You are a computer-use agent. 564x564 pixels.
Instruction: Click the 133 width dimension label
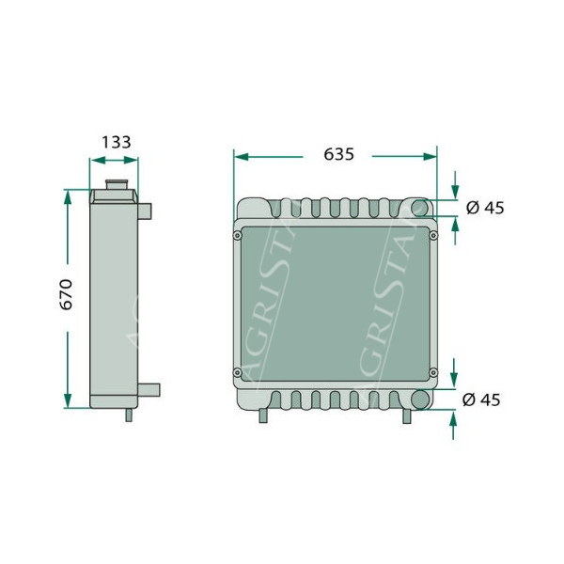(116, 143)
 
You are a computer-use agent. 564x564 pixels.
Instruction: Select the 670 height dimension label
(66, 294)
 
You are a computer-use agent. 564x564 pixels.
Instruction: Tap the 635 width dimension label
(338, 154)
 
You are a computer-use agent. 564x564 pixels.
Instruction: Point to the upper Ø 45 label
(485, 208)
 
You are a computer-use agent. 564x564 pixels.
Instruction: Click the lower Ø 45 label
(481, 400)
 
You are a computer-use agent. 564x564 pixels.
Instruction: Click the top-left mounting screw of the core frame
(238, 236)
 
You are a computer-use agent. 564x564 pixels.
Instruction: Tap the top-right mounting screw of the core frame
(433, 236)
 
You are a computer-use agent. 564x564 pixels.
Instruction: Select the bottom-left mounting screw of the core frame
(238, 372)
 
